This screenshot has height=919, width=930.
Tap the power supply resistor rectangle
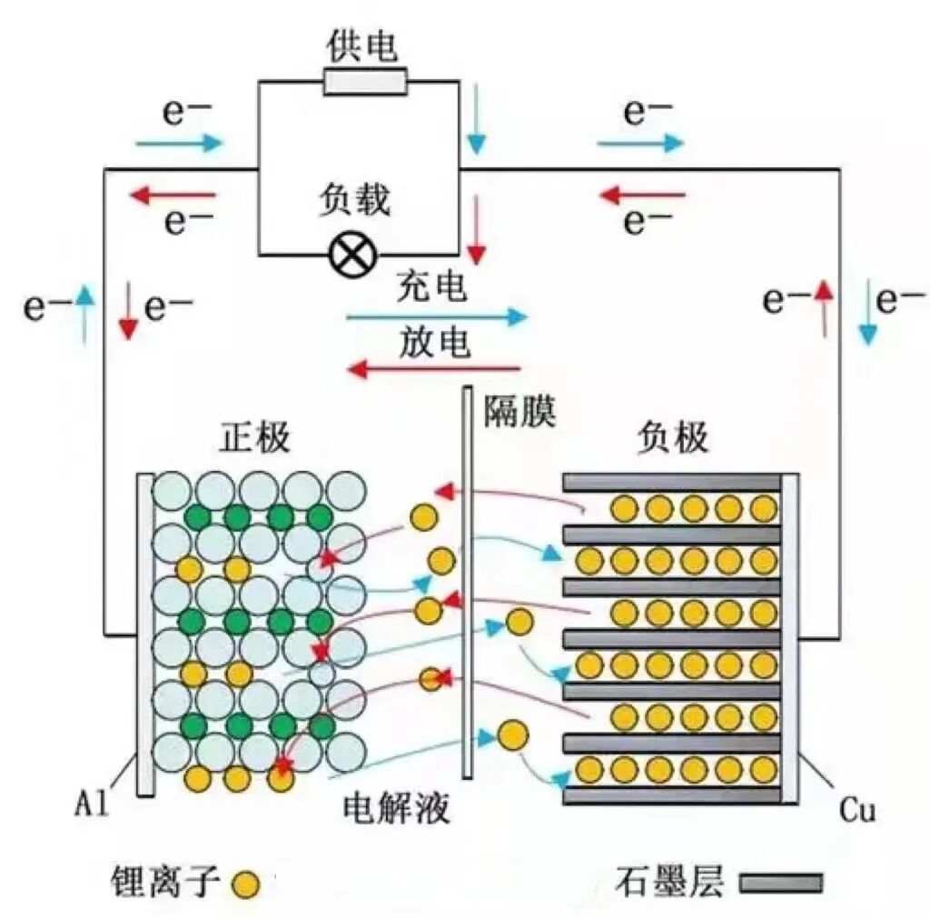[x=365, y=83]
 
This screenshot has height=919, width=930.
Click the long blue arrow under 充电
[x=436, y=316]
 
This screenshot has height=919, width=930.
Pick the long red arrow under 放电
[x=434, y=368]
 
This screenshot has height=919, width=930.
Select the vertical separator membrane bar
[x=467, y=582]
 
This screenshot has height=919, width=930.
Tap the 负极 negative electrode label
[x=673, y=439]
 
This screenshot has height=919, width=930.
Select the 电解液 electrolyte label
[x=397, y=807]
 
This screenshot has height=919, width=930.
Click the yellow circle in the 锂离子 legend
[x=244, y=883]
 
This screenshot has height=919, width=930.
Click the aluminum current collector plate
[x=145, y=634]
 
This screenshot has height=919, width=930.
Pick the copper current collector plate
[x=790, y=636]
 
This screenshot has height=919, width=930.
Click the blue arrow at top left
[x=179, y=142]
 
